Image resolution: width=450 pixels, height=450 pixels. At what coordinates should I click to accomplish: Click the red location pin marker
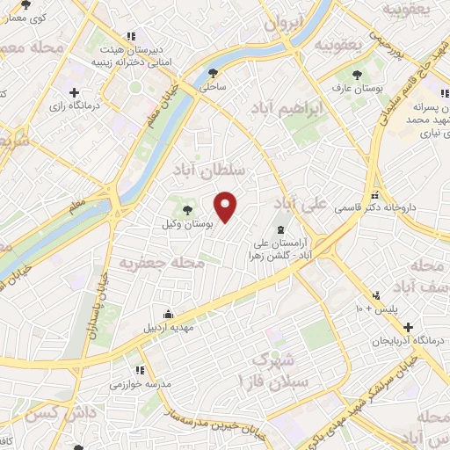pyautogui.click(x=227, y=204)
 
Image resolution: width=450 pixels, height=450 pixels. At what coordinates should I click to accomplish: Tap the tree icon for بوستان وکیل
pyautogui.click(x=188, y=209)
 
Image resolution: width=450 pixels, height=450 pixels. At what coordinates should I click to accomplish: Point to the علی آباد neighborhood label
pyautogui.click(x=300, y=202)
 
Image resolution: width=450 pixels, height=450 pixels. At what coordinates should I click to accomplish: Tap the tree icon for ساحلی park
pyautogui.click(x=212, y=74)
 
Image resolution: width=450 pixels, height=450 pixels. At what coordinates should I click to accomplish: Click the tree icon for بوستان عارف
pyautogui.click(x=356, y=76)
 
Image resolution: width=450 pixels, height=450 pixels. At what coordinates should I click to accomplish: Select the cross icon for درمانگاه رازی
pyautogui.click(x=74, y=92)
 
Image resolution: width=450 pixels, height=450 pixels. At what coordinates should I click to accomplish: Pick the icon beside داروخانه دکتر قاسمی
pyautogui.click(x=374, y=195)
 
